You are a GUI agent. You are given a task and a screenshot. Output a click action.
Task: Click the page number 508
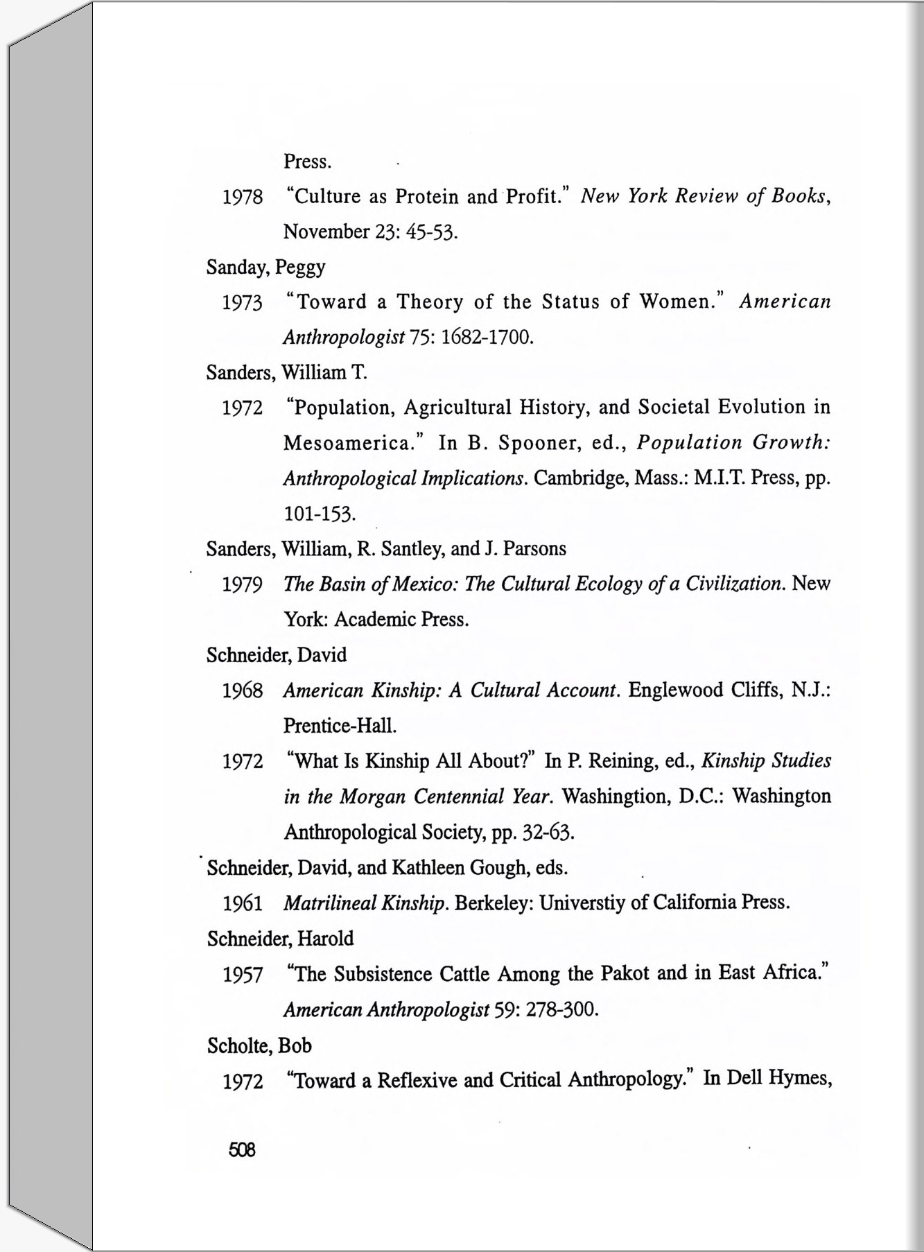click(242, 1150)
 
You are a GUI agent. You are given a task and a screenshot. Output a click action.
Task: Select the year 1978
click(243, 197)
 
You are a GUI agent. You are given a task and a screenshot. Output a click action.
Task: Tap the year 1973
click(243, 303)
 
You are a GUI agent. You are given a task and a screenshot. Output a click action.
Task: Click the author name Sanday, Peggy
click(265, 268)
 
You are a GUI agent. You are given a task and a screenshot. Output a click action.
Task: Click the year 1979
click(243, 585)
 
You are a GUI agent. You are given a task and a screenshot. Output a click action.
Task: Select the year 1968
click(243, 691)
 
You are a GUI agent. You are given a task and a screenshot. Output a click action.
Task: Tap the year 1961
click(243, 904)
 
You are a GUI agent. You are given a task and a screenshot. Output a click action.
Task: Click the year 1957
click(243, 975)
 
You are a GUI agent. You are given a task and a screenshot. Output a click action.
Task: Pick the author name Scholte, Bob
click(259, 1045)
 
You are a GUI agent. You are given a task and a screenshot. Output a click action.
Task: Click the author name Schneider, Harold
click(280, 939)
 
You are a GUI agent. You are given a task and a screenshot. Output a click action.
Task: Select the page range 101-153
click(320, 514)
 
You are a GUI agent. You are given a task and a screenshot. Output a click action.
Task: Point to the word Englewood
click(675, 690)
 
